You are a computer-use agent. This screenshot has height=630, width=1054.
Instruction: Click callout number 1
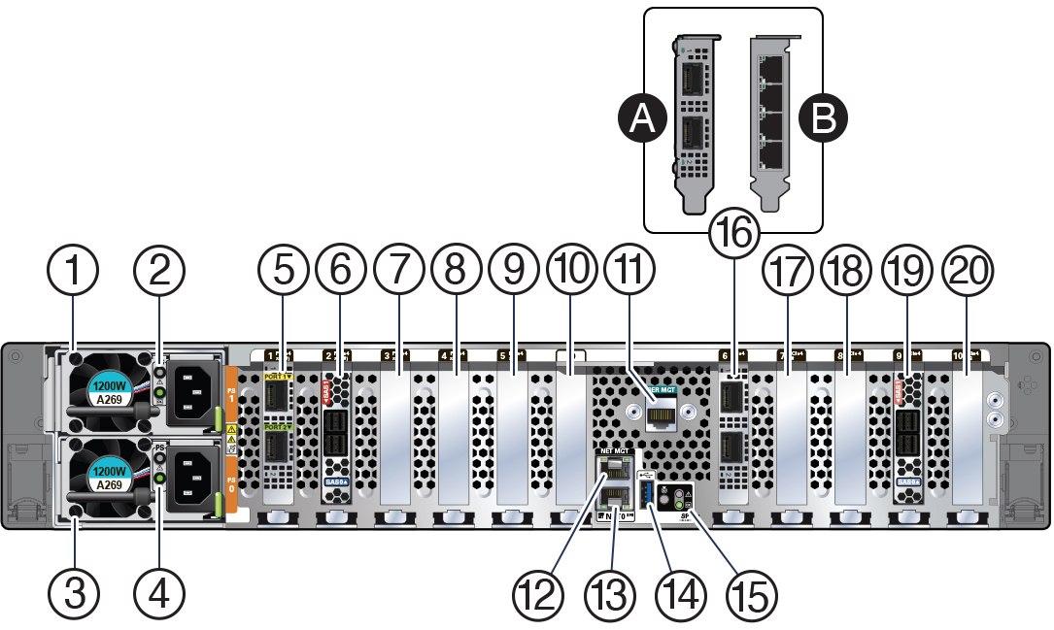[75, 272]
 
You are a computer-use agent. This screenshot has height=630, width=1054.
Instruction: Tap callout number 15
[750, 589]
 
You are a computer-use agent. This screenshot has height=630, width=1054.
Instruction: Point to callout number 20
[968, 272]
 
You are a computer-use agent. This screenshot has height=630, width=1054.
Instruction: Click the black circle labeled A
[641, 119]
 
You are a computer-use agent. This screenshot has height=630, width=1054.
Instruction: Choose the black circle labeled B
[823, 119]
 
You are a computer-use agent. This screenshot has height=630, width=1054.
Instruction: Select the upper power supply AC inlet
[194, 394]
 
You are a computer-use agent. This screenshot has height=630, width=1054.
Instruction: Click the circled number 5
[284, 272]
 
